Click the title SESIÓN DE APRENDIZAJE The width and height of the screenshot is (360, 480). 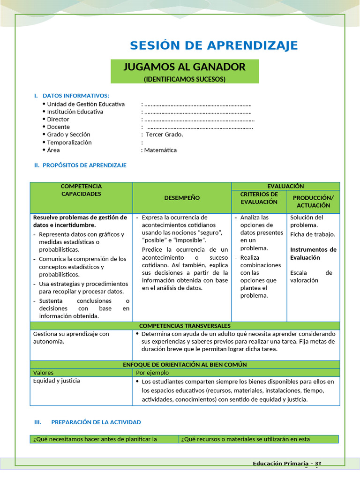tap(214, 45)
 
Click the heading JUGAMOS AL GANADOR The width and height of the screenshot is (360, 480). tap(184, 67)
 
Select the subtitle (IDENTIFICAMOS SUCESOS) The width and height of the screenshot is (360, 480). tap(184, 79)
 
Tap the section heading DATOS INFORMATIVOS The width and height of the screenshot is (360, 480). tap(75, 96)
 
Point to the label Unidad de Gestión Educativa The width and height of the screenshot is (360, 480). tap(86, 104)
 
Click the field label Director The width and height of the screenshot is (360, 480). tap(58, 120)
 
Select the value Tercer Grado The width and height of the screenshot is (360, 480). tap(165, 135)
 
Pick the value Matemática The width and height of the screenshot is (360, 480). tap(160, 150)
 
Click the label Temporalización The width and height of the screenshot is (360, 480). tap(69, 142)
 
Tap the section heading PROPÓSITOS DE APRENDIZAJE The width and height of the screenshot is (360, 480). tap(84, 165)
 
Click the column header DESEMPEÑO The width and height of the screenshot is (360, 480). tap(182, 198)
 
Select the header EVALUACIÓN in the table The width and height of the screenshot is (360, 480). tap(285, 186)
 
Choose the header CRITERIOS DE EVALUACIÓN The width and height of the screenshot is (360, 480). tap(259, 198)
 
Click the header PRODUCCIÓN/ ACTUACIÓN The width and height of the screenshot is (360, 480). tap(313, 202)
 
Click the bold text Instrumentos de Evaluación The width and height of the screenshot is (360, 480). tap(313, 254)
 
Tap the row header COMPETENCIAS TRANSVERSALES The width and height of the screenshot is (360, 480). tap(185, 326)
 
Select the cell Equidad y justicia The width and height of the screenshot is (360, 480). tap(56, 381)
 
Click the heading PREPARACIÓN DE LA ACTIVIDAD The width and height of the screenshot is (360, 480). tap(96, 422)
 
